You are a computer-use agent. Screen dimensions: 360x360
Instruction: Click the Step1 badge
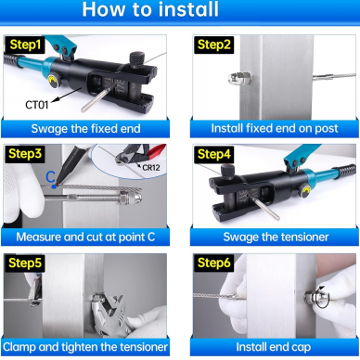pyautogui.click(x=25, y=45)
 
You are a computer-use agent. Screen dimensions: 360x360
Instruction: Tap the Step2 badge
pyautogui.click(x=214, y=45)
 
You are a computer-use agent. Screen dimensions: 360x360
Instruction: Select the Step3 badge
pyautogui.click(x=25, y=154)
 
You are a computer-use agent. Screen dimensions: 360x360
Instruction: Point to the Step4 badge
pyautogui.click(x=214, y=154)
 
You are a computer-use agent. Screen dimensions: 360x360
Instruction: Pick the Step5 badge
pyautogui.click(x=25, y=264)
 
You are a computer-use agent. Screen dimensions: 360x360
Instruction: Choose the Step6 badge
pyautogui.click(x=214, y=264)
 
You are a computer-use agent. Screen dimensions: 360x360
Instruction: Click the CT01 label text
pyautogui.click(x=37, y=105)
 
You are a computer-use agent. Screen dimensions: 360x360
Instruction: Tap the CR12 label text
pyautogui.click(x=151, y=168)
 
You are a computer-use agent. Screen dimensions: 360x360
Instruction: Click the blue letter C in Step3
pyautogui.click(x=50, y=177)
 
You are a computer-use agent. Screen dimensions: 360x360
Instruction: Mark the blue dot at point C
pyautogui.click(x=54, y=186)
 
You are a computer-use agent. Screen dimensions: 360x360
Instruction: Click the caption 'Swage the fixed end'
pyautogui.click(x=85, y=129)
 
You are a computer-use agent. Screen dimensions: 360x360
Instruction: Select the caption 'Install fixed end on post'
pyautogui.click(x=275, y=128)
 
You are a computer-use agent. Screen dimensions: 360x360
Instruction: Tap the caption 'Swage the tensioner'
pyautogui.click(x=276, y=238)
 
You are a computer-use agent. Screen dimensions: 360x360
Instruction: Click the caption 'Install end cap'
pyautogui.click(x=274, y=347)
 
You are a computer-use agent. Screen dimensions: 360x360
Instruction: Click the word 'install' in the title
pyautogui.click(x=189, y=9)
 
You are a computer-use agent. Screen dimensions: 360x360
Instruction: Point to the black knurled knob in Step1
pyautogui.click(x=136, y=60)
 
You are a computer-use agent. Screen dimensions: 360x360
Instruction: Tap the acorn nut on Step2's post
pyautogui.click(x=238, y=79)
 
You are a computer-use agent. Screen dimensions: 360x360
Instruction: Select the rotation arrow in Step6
pyautogui.click(x=324, y=297)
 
